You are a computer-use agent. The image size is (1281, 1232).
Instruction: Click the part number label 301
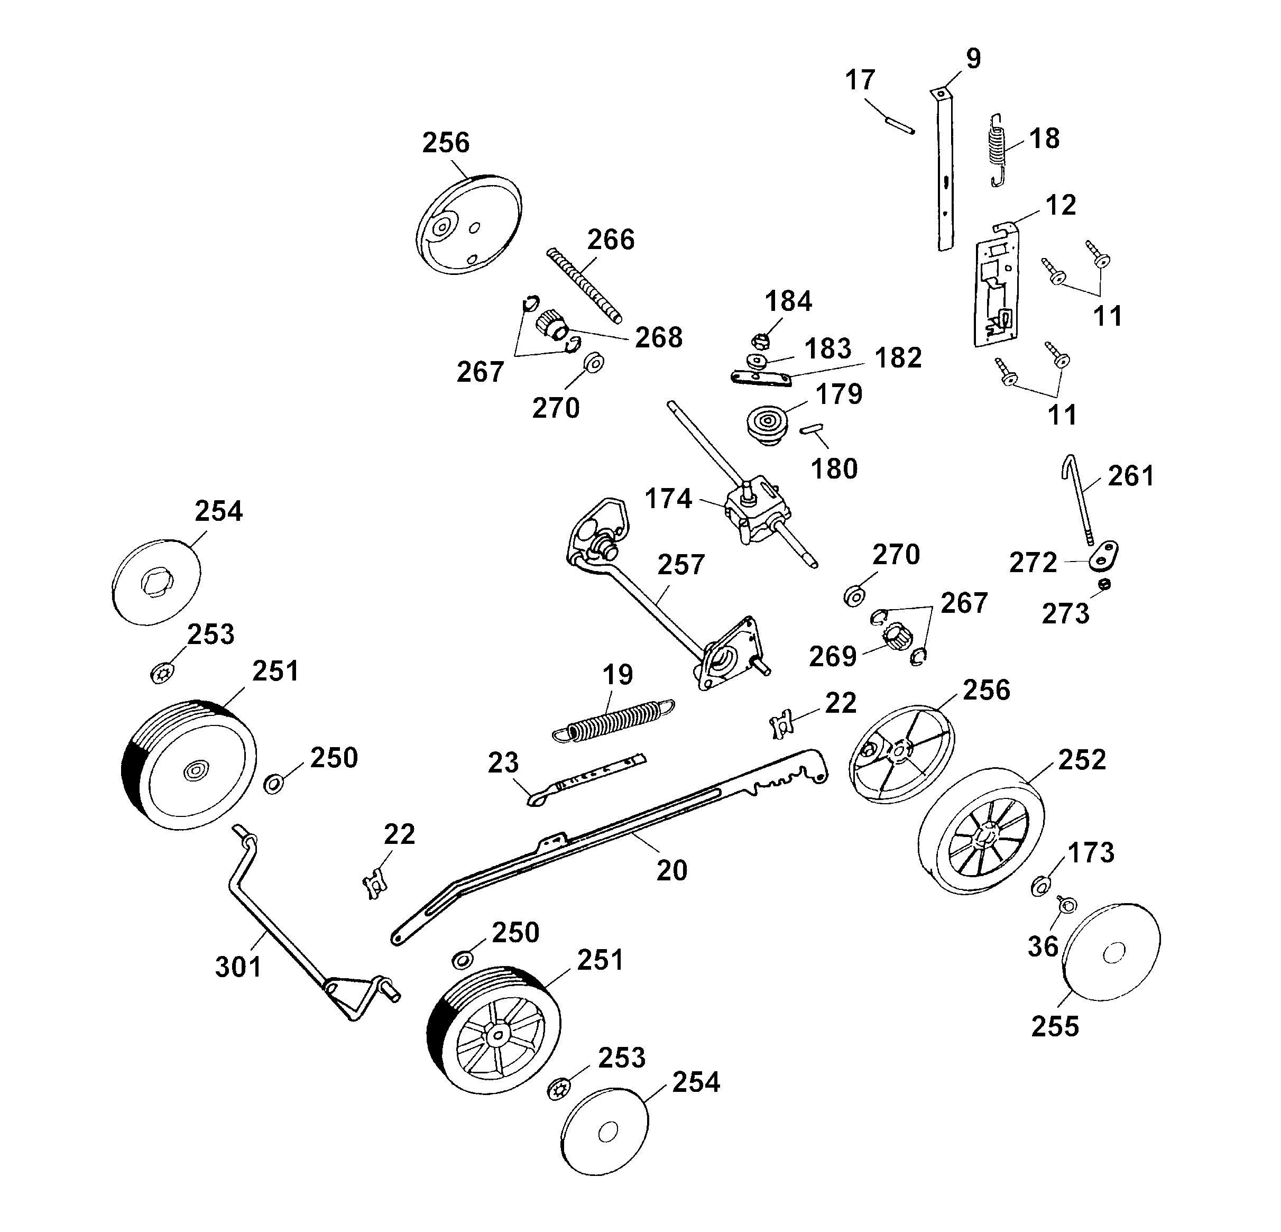238,967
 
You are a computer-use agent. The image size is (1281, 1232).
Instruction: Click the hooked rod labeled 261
1079,499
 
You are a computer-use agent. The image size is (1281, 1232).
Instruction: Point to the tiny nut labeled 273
1104,584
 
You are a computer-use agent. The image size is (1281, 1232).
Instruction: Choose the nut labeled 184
759,341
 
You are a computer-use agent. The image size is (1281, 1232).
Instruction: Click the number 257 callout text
681,565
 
